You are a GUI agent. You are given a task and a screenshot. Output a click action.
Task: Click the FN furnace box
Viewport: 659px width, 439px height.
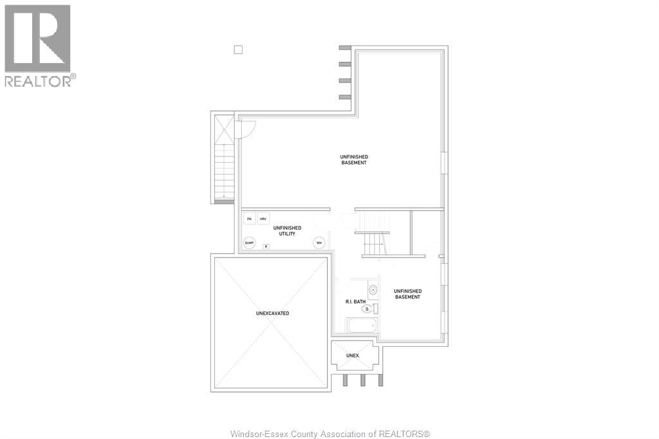pyautogui.click(x=250, y=219)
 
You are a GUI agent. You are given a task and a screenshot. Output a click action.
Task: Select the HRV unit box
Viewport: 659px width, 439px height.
pyautogui.click(x=263, y=219)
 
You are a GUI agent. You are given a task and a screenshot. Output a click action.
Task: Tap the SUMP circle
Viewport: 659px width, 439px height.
pyautogui.click(x=249, y=243)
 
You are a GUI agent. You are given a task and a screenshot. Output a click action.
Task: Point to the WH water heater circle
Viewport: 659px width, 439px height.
pyautogui.click(x=319, y=243)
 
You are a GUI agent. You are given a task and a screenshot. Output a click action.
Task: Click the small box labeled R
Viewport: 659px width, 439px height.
pyautogui.click(x=266, y=247)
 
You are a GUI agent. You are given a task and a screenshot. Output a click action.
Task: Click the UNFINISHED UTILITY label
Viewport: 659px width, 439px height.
pyautogui.click(x=287, y=230)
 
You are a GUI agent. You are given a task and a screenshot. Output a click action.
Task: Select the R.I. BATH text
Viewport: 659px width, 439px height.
pyautogui.click(x=355, y=302)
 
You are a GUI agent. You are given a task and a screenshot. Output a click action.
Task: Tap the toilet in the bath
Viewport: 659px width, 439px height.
pyautogui.click(x=369, y=309)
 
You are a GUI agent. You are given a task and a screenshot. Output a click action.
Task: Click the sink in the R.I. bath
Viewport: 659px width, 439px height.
pyautogui.click(x=373, y=290)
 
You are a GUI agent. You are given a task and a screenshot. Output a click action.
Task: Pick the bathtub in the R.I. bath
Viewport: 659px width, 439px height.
pyautogui.click(x=361, y=325)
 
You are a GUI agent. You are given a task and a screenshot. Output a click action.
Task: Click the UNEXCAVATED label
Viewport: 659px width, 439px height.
pyautogui.click(x=272, y=313)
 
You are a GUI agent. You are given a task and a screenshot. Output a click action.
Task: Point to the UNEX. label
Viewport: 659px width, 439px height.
pyautogui.click(x=353, y=355)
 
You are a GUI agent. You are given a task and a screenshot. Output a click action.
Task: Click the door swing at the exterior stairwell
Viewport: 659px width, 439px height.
pyautogui.click(x=245, y=129)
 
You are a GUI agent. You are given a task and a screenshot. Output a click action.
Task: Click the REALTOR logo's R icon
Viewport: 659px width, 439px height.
pyautogui.click(x=37, y=38)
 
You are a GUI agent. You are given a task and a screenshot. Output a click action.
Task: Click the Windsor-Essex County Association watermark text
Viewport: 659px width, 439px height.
pyautogui.click(x=329, y=434)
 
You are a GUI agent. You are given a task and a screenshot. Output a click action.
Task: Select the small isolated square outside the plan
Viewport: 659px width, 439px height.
pyautogui.click(x=238, y=50)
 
